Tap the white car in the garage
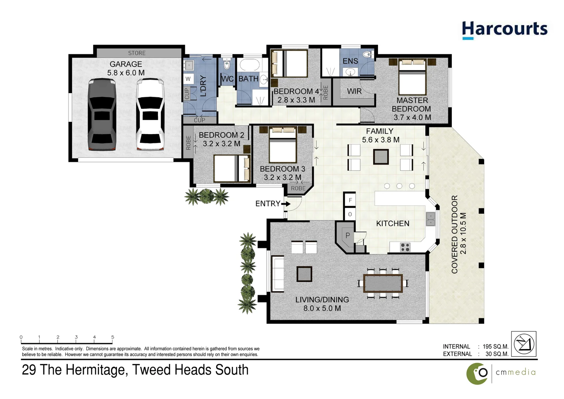click(x=150, y=115)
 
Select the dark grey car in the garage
click(x=102, y=115)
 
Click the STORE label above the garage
click(x=137, y=53)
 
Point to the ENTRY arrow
click(x=286, y=204)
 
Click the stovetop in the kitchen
click(x=405, y=247)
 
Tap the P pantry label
click(x=348, y=235)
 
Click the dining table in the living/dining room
click(x=383, y=283)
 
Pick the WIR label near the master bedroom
click(x=354, y=91)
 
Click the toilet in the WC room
click(x=227, y=64)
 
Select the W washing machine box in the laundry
click(x=188, y=79)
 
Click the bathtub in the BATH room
click(x=250, y=65)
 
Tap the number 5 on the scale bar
click(x=113, y=337)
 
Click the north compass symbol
click(x=524, y=344)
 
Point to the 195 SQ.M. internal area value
click(x=495, y=347)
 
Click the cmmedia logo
click(x=501, y=374)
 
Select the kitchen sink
click(x=430, y=219)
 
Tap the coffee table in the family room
click(x=381, y=157)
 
